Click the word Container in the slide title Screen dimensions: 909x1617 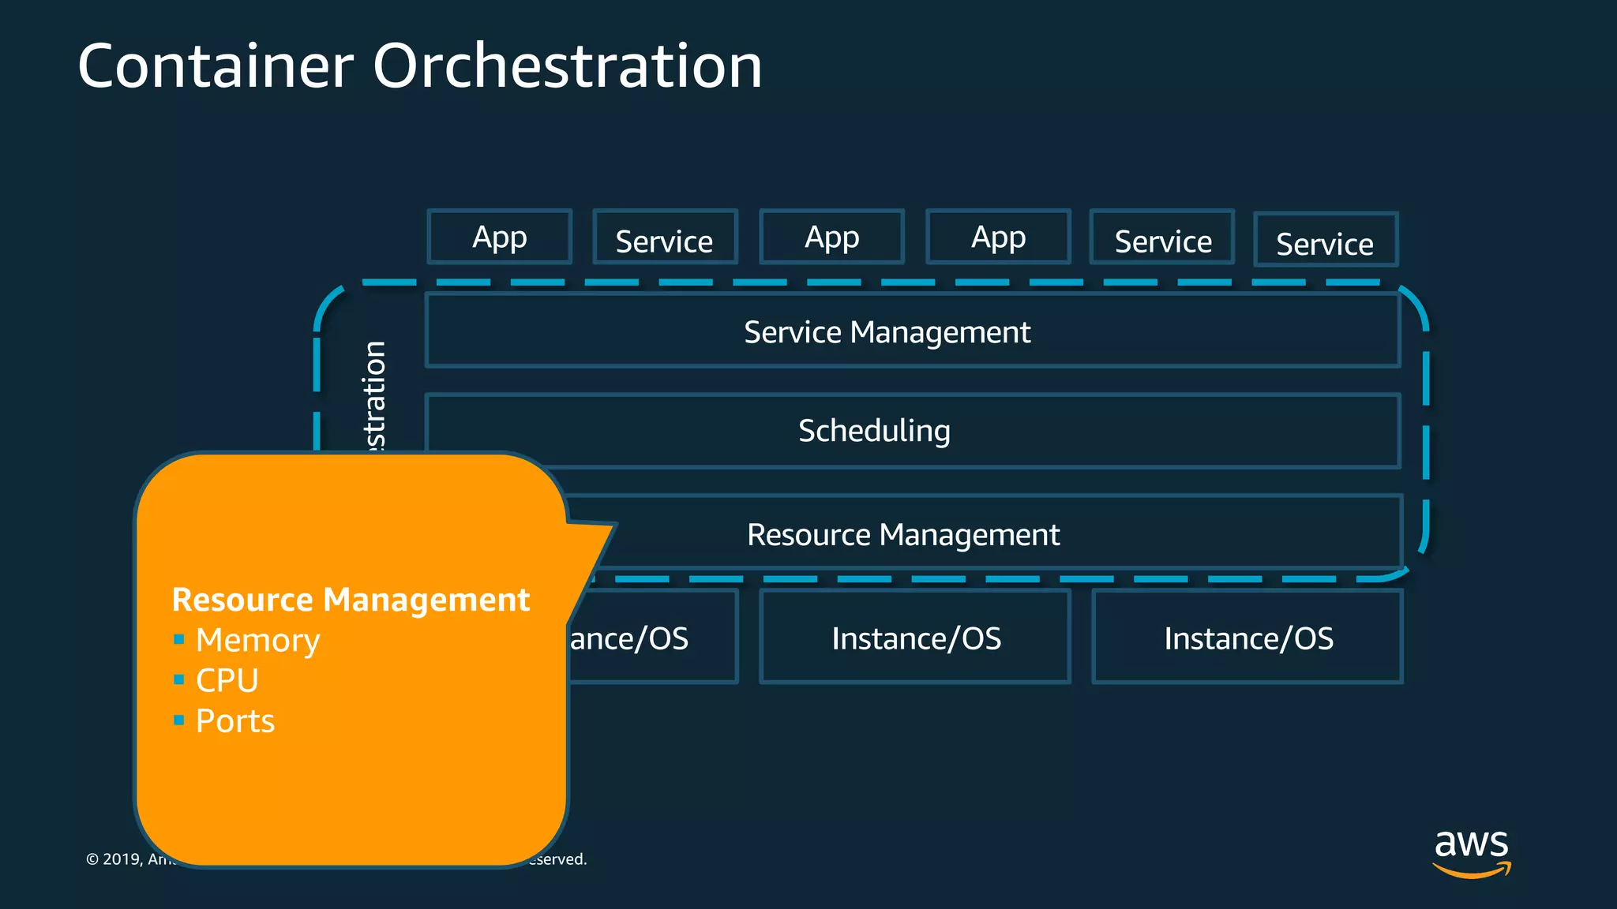point(216,66)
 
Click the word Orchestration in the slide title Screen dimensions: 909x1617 point(567,66)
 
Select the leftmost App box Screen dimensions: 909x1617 point(499,237)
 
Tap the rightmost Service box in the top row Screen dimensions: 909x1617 point(1326,240)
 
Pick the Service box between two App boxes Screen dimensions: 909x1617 point(665,238)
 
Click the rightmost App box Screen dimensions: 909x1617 point(998,237)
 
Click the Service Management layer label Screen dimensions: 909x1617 point(887,332)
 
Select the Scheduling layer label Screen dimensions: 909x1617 point(874,431)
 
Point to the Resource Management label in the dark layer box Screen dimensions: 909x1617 point(903,535)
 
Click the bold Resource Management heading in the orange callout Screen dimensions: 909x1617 point(351,600)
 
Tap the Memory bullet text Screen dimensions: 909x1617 point(257,640)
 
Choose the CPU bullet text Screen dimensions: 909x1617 point(227,680)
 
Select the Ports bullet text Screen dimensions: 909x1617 point(235,721)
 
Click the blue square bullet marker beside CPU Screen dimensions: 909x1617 point(179,679)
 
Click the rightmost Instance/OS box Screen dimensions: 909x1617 point(1247,638)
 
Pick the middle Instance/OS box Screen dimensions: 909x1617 point(915,638)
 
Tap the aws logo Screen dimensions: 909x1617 point(1471,851)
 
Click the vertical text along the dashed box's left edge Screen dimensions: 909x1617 point(374,395)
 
